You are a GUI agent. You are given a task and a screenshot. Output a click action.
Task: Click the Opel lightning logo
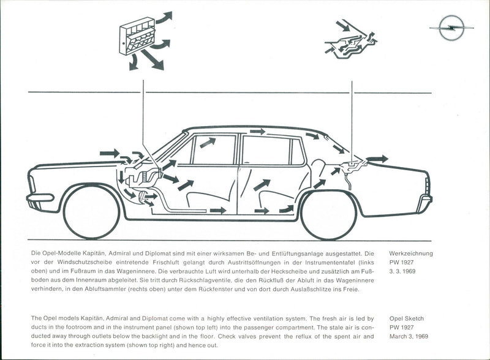(x=451, y=28)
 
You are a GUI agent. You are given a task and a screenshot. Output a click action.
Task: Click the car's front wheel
(x=91, y=212)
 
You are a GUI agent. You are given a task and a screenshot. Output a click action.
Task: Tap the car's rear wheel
(x=328, y=214)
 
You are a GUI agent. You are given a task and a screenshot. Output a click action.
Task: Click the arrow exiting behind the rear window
(x=377, y=159)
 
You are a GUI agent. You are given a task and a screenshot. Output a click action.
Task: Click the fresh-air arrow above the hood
(x=110, y=153)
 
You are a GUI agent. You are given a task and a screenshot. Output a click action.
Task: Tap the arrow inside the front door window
(x=208, y=143)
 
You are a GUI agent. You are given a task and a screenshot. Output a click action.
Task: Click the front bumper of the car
(x=40, y=198)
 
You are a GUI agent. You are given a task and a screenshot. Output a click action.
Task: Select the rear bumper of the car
(x=426, y=199)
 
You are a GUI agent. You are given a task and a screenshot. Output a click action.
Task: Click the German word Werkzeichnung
(x=411, y=253)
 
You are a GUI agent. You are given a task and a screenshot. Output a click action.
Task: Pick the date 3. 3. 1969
(x=402, y=271)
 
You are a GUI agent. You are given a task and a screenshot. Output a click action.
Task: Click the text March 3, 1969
(x=409, y=336)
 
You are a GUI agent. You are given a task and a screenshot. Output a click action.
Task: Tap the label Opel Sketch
(x=407, y=318)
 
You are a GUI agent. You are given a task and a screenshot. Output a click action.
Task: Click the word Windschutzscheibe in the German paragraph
(x=80, y=262)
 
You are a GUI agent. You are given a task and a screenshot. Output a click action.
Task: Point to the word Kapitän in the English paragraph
(x=92, y=318)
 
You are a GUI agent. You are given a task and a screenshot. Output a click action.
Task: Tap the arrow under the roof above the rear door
(x=258, y=132)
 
